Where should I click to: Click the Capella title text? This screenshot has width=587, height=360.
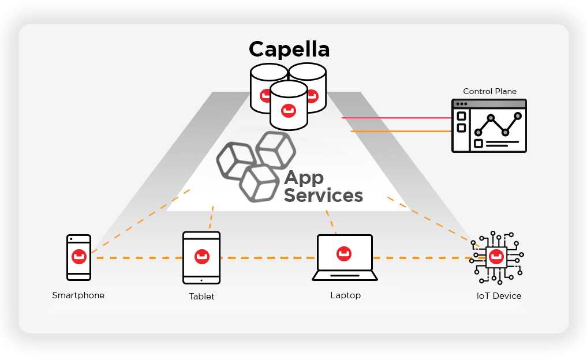[289, 50]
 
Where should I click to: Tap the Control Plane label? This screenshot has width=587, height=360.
[489, 91]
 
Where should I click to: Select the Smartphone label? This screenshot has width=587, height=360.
[78, 295]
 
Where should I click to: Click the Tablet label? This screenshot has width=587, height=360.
[201, 297]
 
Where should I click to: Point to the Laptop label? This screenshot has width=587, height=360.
[346, 295]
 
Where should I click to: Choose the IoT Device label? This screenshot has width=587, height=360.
[499, 296]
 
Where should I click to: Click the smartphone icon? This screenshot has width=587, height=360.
[79, 257]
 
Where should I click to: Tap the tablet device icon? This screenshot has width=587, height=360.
[201, 258]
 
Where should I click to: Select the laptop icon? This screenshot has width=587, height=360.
[345, 257]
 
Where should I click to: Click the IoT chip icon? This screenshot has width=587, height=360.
[496, 257]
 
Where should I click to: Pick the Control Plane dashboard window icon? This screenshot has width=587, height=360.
[489, 126]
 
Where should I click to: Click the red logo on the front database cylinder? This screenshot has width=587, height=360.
[288, 110]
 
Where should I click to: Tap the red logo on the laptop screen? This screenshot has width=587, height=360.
[344, 253]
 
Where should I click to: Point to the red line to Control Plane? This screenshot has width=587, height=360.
[397, 118]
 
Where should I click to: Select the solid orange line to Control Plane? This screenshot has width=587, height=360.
[401, 132]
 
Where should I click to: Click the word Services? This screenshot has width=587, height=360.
[323, 196]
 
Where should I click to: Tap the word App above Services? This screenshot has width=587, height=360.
[304, 178]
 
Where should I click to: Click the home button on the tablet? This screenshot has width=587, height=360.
[201, 280]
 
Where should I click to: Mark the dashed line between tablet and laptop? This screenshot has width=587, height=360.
[268, 258]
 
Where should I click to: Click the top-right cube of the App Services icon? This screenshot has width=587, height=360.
[276, 150]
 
